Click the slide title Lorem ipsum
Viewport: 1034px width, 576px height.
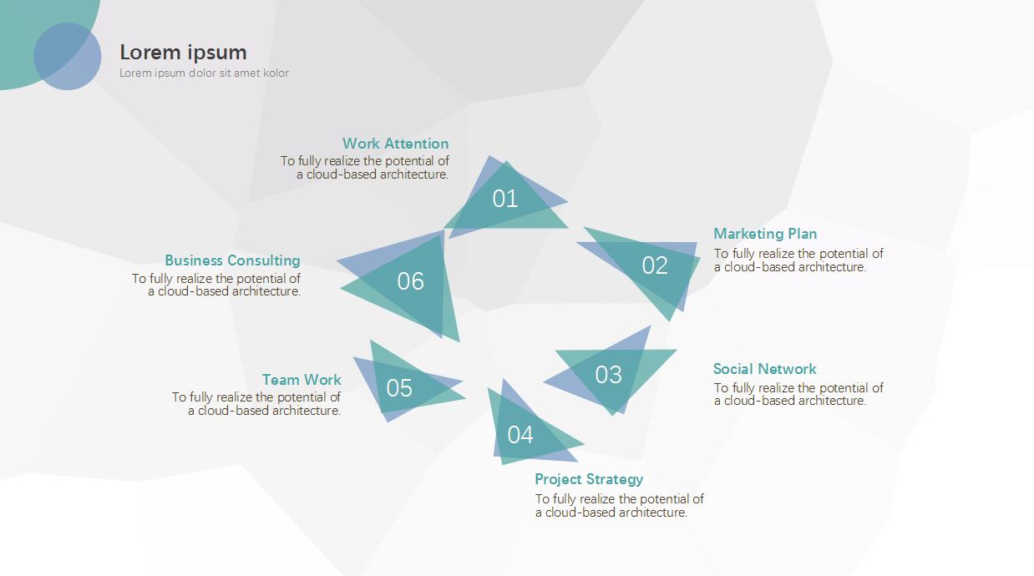183,52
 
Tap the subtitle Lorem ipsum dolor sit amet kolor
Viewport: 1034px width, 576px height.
204,73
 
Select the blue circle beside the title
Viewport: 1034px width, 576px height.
68,56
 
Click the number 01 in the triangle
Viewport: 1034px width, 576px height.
504,199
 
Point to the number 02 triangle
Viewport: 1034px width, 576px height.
655,265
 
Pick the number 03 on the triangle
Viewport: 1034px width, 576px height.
608,375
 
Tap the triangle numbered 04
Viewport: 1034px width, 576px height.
520,434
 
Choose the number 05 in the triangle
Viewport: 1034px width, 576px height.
399,388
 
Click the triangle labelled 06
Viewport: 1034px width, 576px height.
410,281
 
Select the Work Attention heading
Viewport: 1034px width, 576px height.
395,144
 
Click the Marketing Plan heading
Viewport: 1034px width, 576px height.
765,234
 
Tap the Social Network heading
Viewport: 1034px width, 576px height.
764,369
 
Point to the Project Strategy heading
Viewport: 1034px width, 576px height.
589,479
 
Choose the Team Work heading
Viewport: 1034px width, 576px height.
302,380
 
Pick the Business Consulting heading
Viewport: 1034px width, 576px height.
232,260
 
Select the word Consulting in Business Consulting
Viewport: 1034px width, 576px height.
263,260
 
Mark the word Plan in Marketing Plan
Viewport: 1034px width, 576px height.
802,234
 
